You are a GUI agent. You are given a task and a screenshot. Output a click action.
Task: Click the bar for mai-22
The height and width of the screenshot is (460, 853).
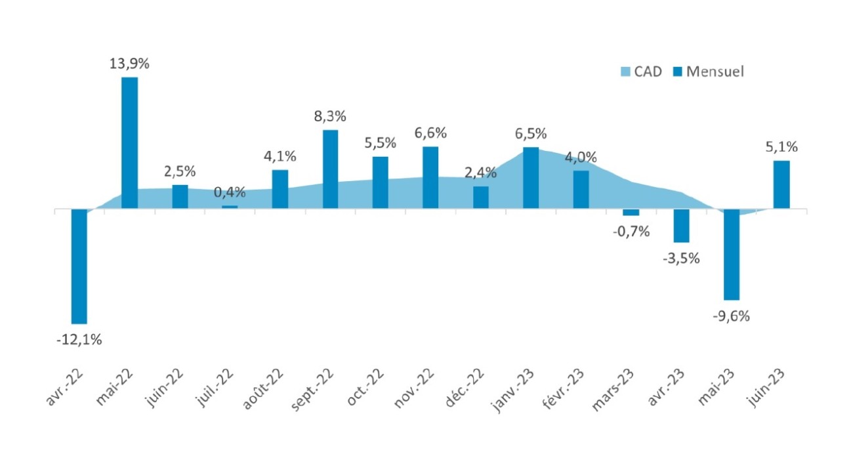[129, 143]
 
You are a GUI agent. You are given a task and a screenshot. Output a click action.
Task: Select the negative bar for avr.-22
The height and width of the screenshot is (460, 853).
[79, 266]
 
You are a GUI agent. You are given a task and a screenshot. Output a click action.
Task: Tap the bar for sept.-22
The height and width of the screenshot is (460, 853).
[330, 169]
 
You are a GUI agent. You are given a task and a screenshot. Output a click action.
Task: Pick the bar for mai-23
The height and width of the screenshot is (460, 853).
[732, 254]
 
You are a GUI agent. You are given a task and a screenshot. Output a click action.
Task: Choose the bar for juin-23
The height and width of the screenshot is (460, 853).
[781, 184]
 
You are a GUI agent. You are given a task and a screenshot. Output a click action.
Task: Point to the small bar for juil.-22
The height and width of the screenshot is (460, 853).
[230, 207]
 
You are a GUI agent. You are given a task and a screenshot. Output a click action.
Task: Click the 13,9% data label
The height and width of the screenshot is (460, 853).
[129, 64]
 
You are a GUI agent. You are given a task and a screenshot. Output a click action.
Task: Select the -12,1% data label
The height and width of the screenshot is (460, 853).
[79, 340]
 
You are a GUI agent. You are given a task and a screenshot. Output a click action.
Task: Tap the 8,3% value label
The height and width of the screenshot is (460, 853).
[330, 117]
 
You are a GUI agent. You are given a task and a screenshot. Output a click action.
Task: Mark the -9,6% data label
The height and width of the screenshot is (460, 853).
[731, 316]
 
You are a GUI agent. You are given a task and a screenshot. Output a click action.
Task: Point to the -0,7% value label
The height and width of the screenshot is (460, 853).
[631, 231]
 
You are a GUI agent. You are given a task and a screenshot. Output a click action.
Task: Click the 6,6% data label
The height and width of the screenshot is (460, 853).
[430, 133]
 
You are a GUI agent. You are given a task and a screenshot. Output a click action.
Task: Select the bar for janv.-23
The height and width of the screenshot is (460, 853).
[531, 178]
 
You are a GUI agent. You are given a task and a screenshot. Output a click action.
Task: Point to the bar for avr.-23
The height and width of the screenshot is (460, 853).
[681, 226]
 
